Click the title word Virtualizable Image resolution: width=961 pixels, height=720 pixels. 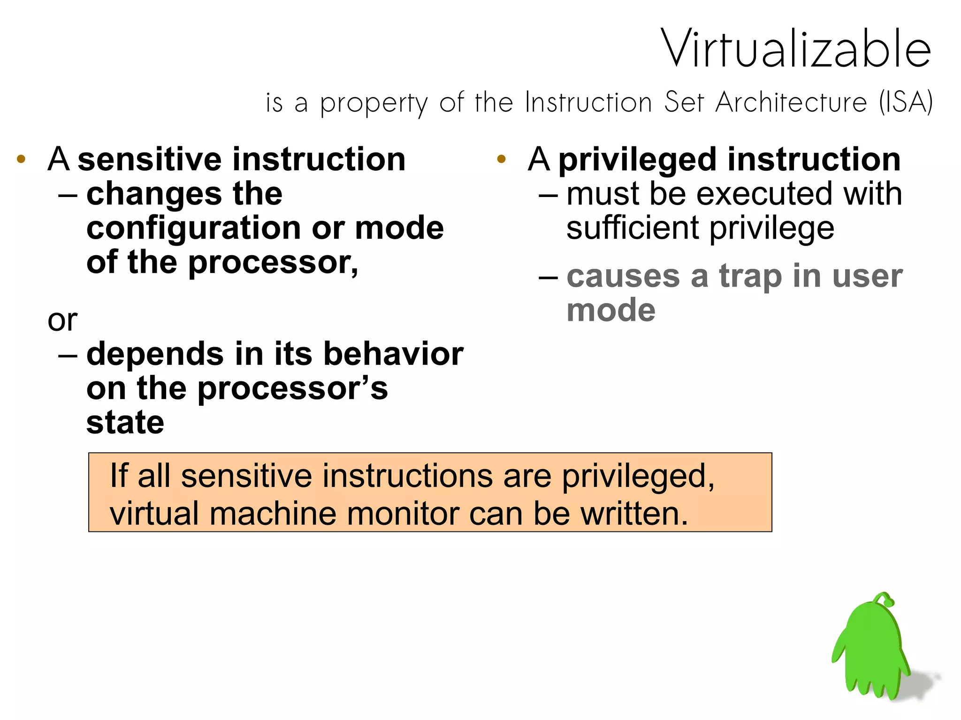796,49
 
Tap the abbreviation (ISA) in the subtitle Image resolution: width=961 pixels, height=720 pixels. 906,102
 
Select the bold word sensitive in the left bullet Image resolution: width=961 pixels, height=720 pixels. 150,159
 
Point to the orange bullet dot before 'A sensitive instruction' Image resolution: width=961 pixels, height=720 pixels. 21,159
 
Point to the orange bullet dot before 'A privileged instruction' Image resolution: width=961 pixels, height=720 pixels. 501,159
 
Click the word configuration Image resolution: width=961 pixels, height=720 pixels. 193,229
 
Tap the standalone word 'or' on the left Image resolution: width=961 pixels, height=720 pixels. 62,321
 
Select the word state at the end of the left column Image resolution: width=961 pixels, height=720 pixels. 125,423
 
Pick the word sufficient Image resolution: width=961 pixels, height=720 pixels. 633,228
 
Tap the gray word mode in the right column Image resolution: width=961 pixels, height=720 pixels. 610,311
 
